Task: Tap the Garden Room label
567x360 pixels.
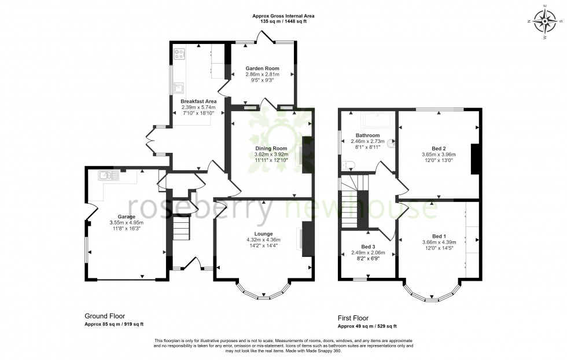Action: (x=262, y=68)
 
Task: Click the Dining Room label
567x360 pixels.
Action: (x=271, y=148)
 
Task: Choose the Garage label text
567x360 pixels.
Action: (x=126, y=216)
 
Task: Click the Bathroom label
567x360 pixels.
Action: (x=367, y=135)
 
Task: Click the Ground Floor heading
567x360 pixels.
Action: (x=105, y=316)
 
